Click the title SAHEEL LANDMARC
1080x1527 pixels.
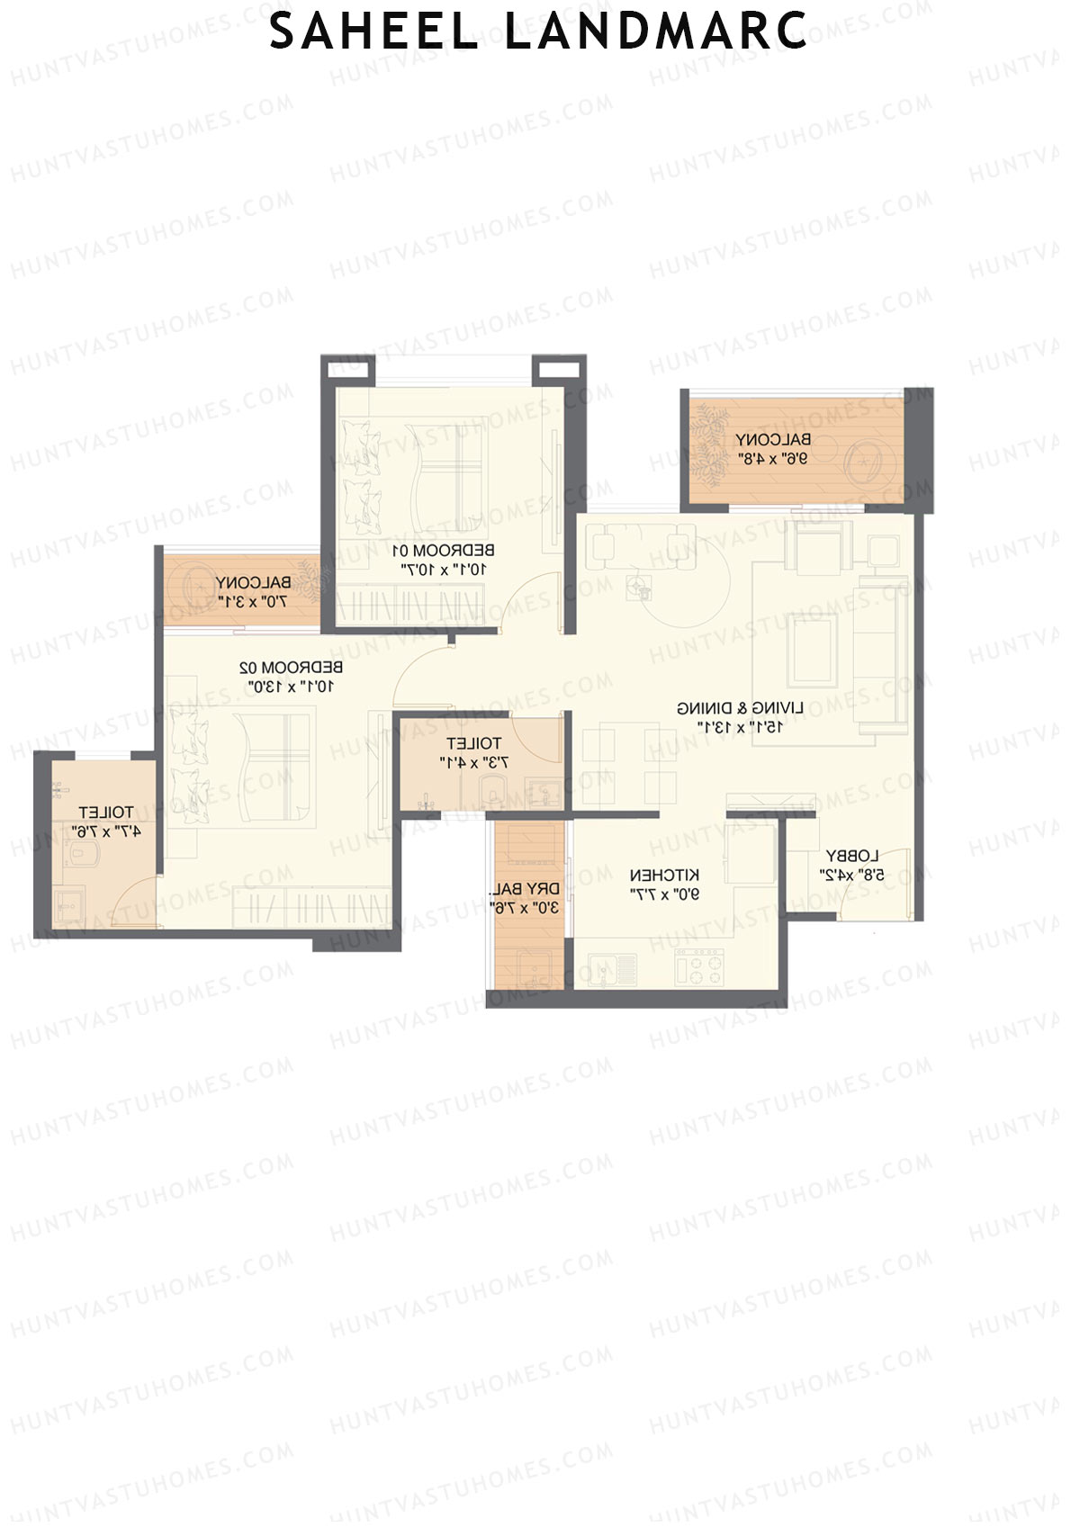[538, 32]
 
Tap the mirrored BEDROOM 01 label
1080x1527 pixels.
[445, 550]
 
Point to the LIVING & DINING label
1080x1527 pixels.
[740, 708]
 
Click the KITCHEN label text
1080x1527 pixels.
[663, 875]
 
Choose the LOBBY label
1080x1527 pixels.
[851, 856]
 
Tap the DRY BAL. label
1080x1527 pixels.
[525, 889]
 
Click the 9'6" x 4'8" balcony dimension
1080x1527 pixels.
[771, 458]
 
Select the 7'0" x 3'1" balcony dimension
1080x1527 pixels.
[252, 601]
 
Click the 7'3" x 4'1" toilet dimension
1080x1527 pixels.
[473, 762]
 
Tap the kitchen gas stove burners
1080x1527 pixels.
[701, 968]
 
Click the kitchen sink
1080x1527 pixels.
[614, 969]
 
